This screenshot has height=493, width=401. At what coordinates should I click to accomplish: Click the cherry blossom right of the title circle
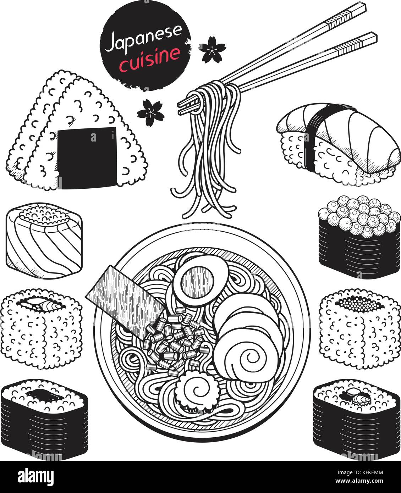212,49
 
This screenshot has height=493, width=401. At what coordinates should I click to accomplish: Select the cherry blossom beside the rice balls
150,113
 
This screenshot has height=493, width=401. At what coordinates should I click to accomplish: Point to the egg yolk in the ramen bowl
198,283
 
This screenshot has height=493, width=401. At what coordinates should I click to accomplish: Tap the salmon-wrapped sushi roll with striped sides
44,241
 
